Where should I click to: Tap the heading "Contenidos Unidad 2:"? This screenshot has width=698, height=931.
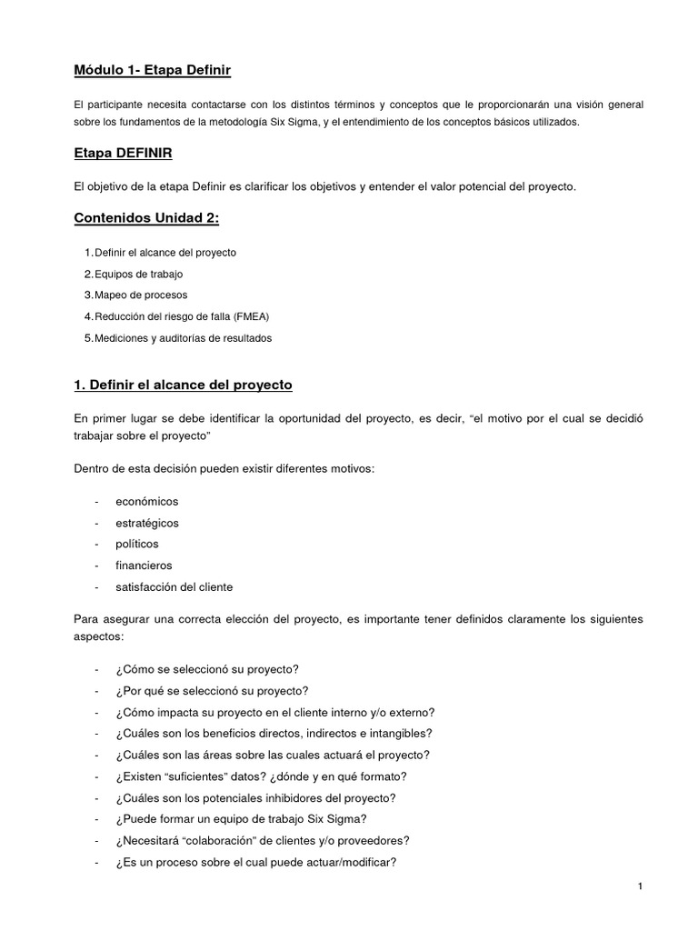tap(146, 218)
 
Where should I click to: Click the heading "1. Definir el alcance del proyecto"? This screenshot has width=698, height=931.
tap(183, 385)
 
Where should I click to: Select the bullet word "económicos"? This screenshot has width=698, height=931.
tap(146, 501)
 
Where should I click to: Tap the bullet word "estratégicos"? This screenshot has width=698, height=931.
tap(146, 523)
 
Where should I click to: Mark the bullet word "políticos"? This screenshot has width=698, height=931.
tap(136, 544)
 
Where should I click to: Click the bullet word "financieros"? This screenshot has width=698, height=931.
tap(144, 566)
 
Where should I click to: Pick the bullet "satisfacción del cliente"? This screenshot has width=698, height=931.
tap(174, 586)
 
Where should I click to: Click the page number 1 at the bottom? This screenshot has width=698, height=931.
tap(640, 887)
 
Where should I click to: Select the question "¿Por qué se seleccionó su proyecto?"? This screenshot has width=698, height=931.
tap(212, 690)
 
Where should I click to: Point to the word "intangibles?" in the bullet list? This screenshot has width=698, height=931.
tap(400, 733)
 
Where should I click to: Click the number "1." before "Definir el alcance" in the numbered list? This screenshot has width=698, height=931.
tap(88, 252)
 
